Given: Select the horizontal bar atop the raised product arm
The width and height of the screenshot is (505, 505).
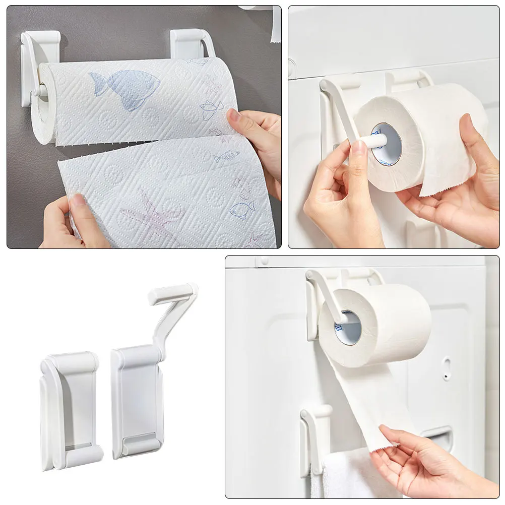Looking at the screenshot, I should tap(171, 292).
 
